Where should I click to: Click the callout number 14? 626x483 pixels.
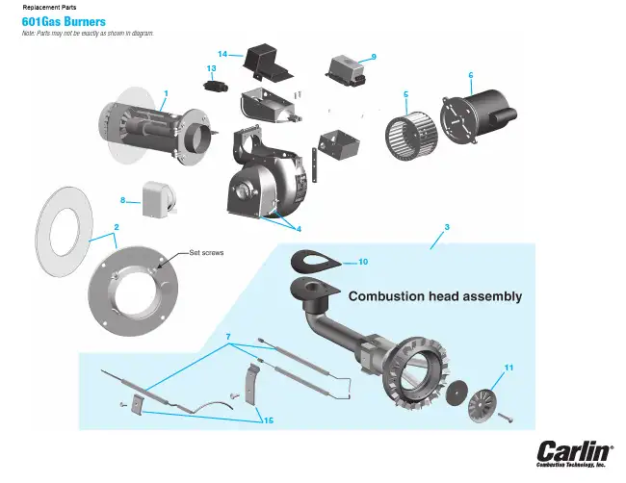coord(222,54)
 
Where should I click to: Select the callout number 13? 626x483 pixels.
coord(211,68)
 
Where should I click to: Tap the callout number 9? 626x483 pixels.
coord(373,55)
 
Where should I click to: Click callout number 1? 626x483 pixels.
coord(166,92)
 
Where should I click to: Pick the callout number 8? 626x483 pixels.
coord(123,200)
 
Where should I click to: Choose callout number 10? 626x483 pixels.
coord(363,261)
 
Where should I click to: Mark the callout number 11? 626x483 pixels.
coord(509,367)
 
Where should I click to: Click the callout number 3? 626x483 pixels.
coord(447,227)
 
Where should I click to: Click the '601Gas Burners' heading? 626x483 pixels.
coord(64,20)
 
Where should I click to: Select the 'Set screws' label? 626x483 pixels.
coord(207,252)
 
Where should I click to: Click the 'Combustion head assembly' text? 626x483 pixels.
coord(434,296)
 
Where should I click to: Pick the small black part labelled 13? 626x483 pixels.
coord(216,85)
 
